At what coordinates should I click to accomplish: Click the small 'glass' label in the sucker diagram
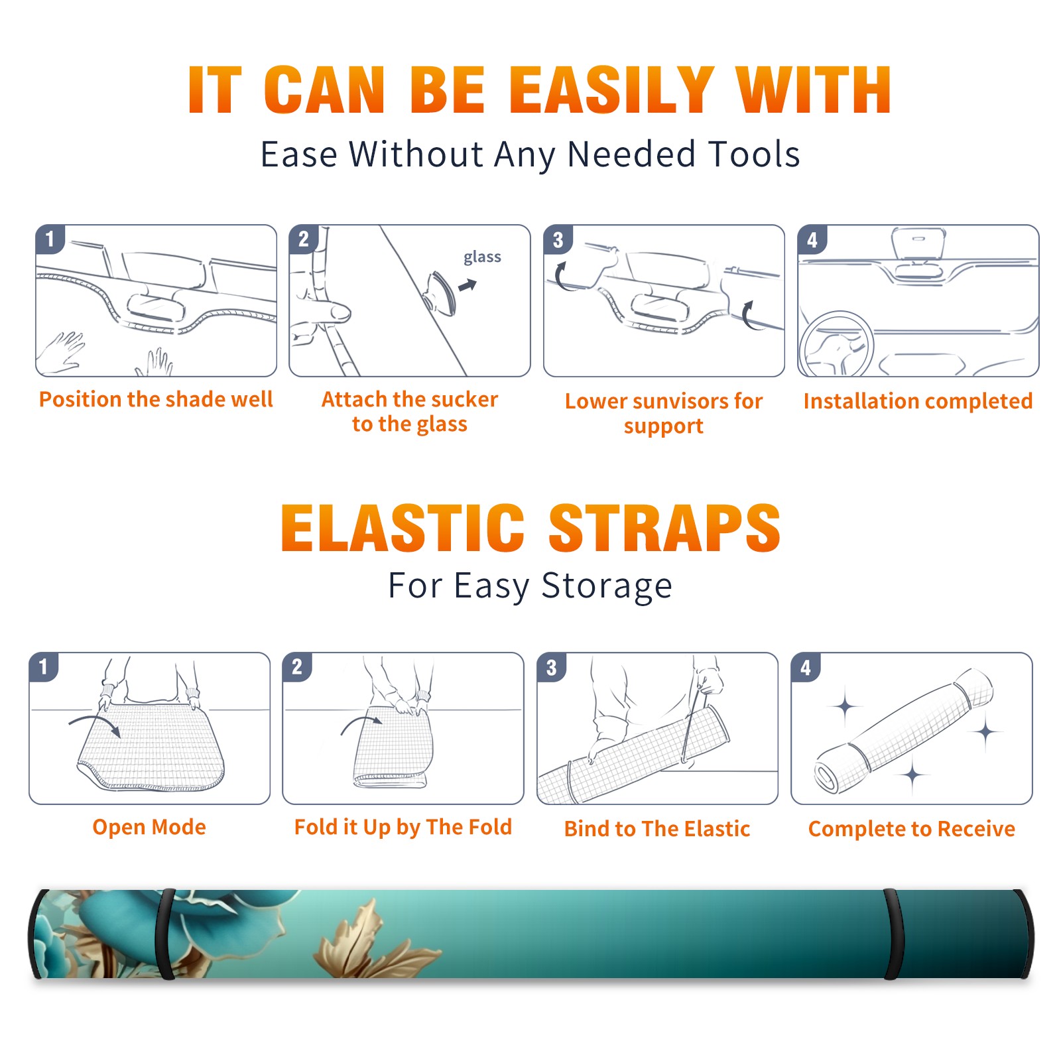[482, 257]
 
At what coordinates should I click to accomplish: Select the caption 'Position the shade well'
[156, 399]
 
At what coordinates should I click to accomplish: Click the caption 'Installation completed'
[918, 401]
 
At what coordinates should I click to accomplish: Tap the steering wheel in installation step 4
[836, 344]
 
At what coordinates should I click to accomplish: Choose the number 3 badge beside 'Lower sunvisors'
[558, 239]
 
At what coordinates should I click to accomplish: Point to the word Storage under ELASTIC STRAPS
[607, 586]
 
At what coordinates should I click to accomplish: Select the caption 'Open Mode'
[149, 827]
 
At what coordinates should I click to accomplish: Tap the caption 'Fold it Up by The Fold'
[403, 827]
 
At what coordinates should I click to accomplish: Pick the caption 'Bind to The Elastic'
[657, 829]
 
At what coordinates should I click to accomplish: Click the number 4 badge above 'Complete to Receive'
[806, 667]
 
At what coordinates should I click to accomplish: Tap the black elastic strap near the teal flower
[166, 934]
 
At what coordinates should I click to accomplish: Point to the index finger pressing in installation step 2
[332, 312]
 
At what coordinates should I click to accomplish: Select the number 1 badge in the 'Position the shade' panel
[50, 239]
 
